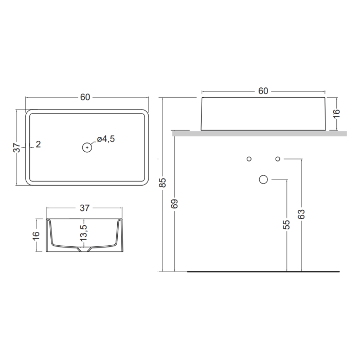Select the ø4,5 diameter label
(x=105, y=139)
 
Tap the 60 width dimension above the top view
(x=85, y=97)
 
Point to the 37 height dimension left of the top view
(x=17, y=148)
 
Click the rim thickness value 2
(x=39, y=144)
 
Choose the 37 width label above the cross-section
(x=84, y=208)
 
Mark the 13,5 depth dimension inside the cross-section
(x=83, y=233)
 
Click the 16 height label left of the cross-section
(x=37, y=236)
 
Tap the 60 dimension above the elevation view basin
(x=263, y=91)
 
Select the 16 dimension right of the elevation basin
(x=336, y=114)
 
